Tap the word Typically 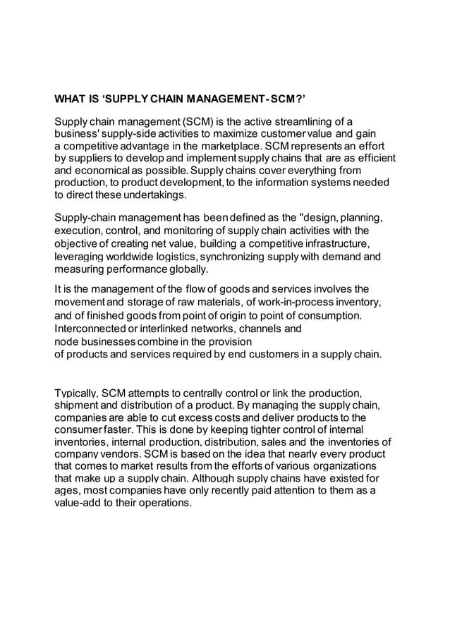pyautogui.click(x=77, y=392)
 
